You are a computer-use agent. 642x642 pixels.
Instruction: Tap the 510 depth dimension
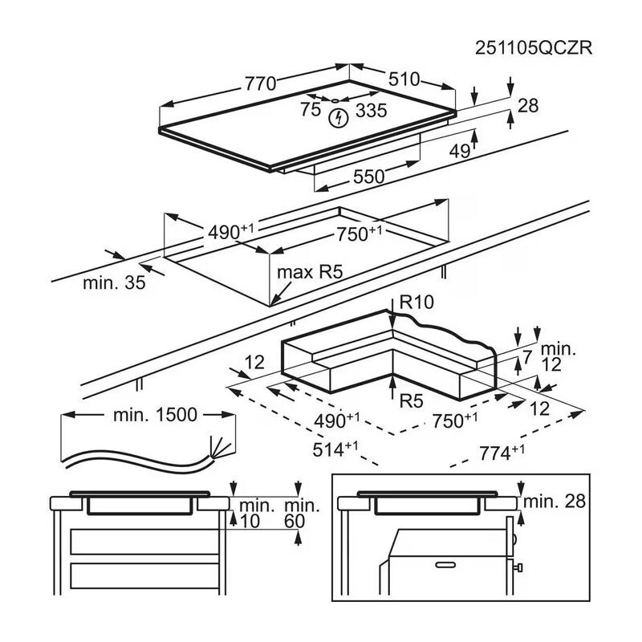(x=404, y=79)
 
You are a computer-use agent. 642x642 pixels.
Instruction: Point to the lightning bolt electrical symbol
(x=339, y=118)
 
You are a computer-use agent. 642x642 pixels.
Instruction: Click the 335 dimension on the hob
(x=371, y=111)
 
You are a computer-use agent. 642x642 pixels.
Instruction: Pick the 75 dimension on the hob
(x=311, y=111)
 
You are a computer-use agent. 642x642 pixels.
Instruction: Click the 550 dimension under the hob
(x=369, y=177)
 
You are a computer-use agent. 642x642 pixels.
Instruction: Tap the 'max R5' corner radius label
(x=310, y=272)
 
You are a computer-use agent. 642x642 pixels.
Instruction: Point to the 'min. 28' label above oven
(x=555, y=502)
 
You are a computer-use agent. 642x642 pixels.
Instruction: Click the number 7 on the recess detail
(x=527, y=356)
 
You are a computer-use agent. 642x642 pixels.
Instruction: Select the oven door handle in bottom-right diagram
(x=439, y=567)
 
